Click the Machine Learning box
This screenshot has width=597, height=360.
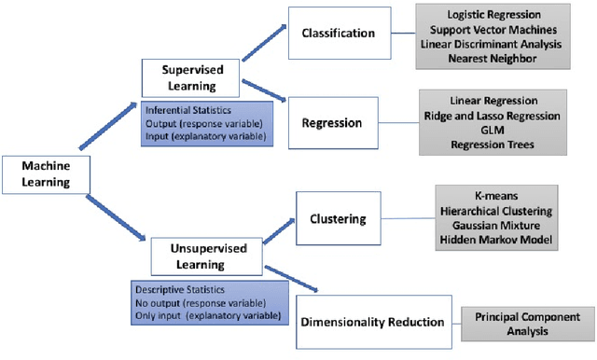(x=44, y=173)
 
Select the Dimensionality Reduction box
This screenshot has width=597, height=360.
(x=373, y=322)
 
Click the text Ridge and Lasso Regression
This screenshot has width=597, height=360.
(x=492, y=116)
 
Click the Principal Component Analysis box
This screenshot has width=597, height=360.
(x=527, y=324)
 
